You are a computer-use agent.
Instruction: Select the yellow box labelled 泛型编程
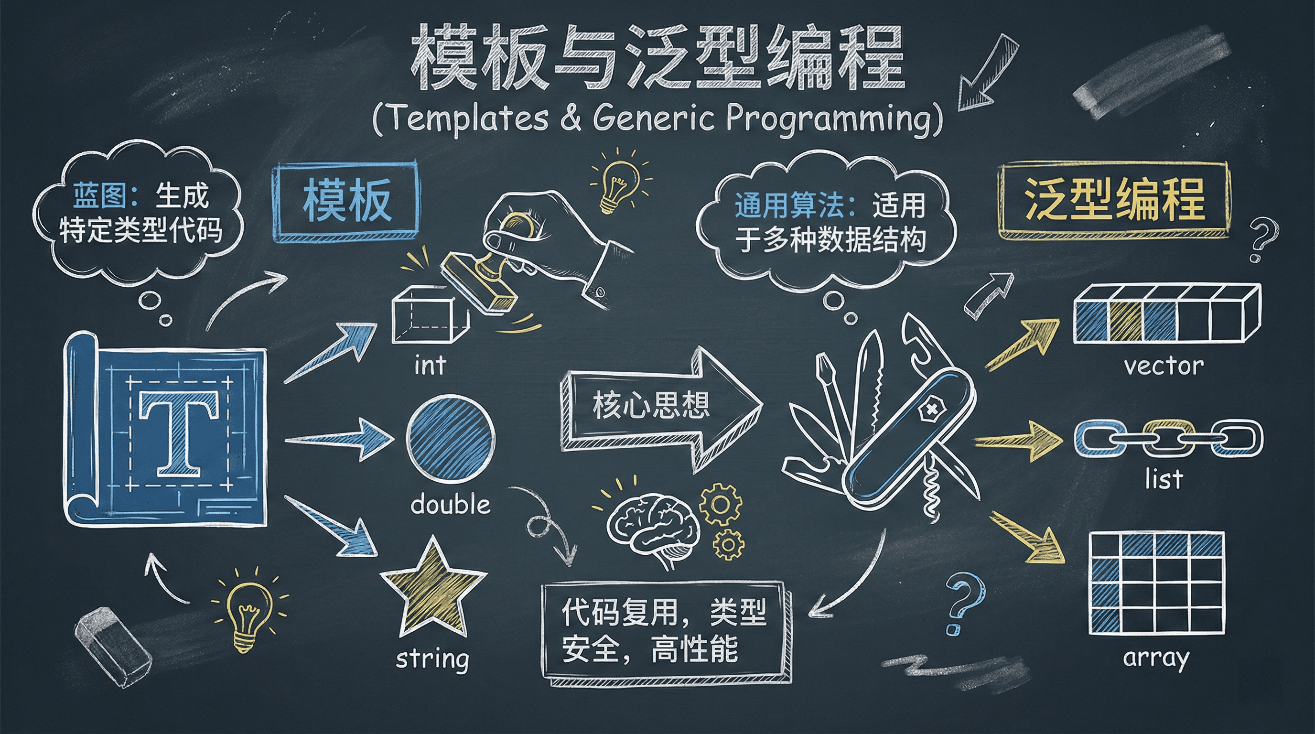(1113, 200)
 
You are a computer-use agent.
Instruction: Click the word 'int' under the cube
(430, 366)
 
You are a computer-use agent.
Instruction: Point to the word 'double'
(450, 504)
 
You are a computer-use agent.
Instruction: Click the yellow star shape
(433, 587)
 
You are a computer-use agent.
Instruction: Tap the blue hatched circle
(451, 439)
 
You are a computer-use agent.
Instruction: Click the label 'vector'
(1164, 366)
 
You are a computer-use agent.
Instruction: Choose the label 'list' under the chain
(1164, 479)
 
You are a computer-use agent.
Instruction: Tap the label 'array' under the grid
(1156, 658)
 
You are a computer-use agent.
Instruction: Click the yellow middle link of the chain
(1169, 438)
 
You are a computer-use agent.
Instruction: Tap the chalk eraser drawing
(113, 647)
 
